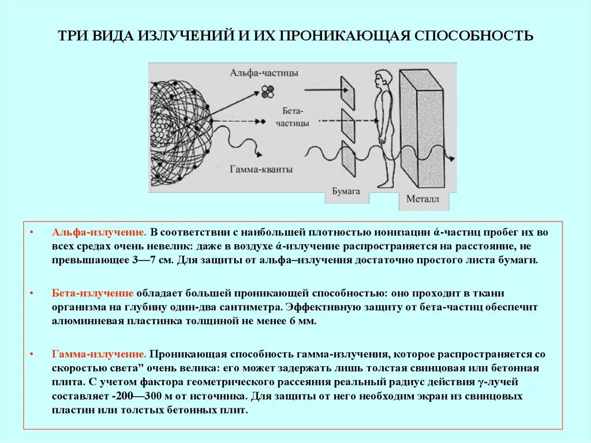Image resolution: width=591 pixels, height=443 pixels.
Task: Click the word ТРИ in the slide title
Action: pyautogui.click(x=71, y=36)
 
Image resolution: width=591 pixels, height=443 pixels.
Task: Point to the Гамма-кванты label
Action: pyautogui.click(x=261, y=169)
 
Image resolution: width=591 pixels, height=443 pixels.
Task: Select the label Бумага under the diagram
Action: pyautogui.click(x=346, y=192)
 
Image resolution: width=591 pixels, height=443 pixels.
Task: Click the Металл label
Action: pyautogui.click(x=423, y=199)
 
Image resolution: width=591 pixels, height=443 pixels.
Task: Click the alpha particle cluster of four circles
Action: pyautogui.click(x=266, y=90)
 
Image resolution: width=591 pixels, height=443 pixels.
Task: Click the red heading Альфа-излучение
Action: pyautogui.click(x=98, y=232)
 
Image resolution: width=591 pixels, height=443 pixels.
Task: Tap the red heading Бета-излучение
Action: pyautogui.click(x=93, y=293)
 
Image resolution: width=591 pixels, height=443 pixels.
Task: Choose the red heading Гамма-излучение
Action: pyautogui.click(x=98, y=354)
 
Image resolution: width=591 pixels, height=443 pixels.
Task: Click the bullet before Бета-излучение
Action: pyautogui.click(x=33, y=293)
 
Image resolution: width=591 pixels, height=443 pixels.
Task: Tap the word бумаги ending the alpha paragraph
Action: pyautogui.click(x=521, y=260)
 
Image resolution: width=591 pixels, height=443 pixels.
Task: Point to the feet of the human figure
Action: pyautogui.click(x=383, y=184)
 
